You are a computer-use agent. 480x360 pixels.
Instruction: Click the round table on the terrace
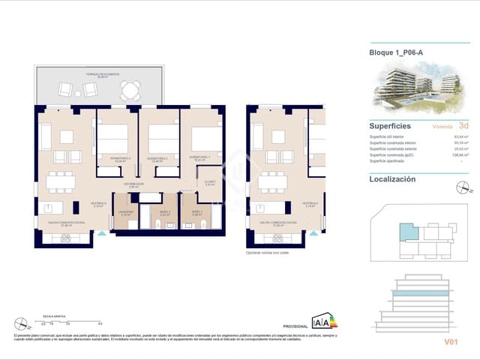pyautogui.click(x=132, y=91)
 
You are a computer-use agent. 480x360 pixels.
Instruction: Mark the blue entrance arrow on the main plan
pyautogui.click(x=102, y=233)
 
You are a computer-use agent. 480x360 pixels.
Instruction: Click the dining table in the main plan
pyautogui.click(x=62, y=181)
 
